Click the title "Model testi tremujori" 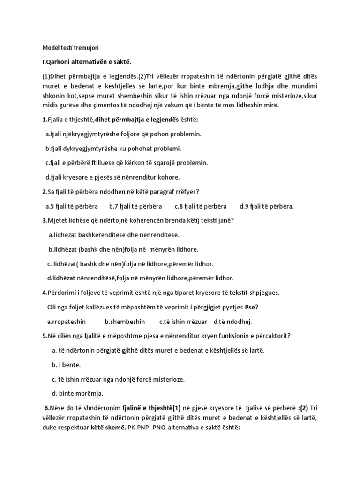(70, 48)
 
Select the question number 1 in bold (44, 120)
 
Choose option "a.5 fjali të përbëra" (72, 206)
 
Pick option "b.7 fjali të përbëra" (135, 206)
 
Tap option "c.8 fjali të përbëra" (201, 206)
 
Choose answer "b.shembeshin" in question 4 (125, 322)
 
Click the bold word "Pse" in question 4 (251, 307)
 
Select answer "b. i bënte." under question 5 (66, 364)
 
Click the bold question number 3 (44, 220)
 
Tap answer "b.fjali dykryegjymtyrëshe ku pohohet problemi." (113, 149)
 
